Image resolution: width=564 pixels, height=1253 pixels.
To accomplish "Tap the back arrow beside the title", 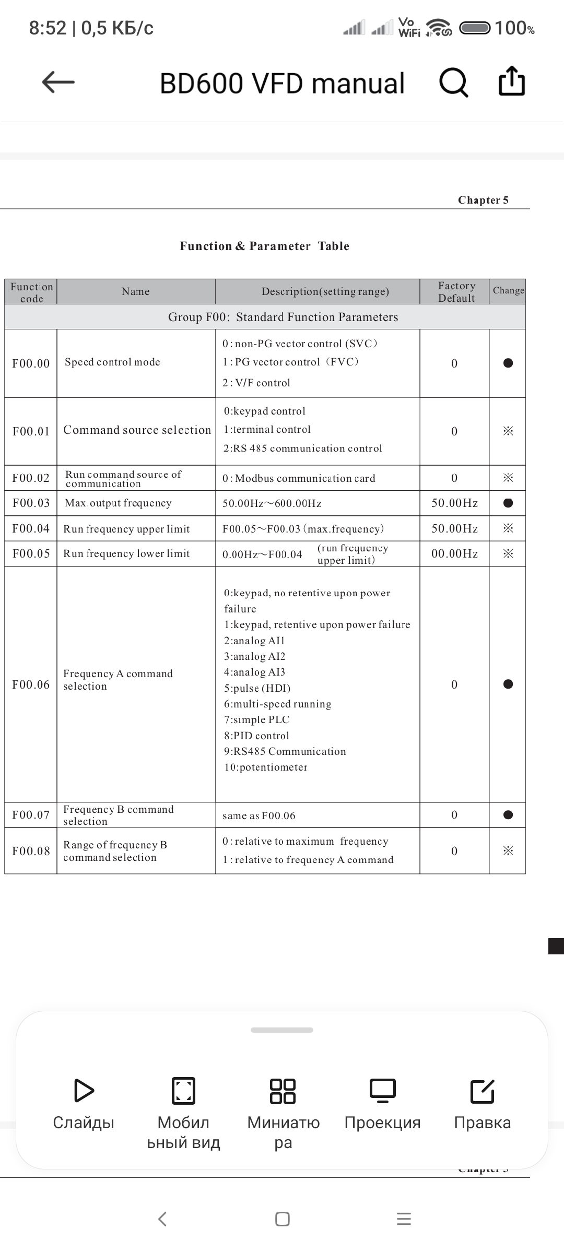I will coord(58,82).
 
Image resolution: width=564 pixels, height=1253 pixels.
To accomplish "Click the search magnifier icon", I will coord(453,82).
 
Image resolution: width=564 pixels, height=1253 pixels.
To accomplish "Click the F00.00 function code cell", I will coord(31,363).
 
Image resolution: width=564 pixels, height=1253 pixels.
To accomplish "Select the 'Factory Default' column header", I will coord(456,292).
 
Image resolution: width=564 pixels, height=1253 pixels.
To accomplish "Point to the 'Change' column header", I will coord(508,291).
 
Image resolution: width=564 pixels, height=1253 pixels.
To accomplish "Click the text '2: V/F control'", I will coord(256,383).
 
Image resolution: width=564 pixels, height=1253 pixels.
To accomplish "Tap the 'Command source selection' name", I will coord(137,430).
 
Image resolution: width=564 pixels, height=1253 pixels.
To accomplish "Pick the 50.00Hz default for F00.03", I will coord(454,503).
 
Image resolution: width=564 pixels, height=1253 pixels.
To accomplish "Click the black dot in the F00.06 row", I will coord(508,684).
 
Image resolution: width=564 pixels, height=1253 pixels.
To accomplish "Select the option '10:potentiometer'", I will coord(266,767).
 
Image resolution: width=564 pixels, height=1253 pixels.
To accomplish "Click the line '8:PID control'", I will coord(256,736).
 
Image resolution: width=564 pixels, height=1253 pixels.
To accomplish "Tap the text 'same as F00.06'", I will coord(259,815).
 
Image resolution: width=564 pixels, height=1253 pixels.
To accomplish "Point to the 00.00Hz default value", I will coord(454,553).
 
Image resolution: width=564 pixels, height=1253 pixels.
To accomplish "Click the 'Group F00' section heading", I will coord(283,317).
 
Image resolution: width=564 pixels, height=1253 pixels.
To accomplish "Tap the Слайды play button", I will coord(84,1091).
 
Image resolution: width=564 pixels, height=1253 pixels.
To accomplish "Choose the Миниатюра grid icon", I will coord(283,1091).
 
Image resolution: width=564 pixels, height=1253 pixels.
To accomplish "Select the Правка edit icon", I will coord(482,1091).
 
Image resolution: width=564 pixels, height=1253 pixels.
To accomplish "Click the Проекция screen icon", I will coord(382,1091).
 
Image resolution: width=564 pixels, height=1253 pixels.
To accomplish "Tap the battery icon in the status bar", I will coord(475,28).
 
